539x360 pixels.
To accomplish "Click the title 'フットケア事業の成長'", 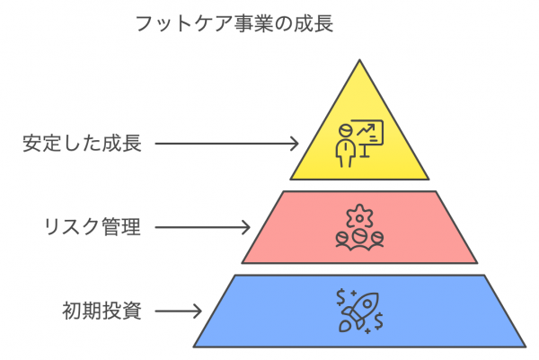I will point(234,23).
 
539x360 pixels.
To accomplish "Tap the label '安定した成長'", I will point(83,143).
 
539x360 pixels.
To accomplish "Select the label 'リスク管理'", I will point(93,227).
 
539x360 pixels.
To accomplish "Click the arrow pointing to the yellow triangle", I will point(230,143).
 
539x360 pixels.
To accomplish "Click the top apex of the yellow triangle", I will point(359,61).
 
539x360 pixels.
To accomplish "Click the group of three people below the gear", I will point(359,238).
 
